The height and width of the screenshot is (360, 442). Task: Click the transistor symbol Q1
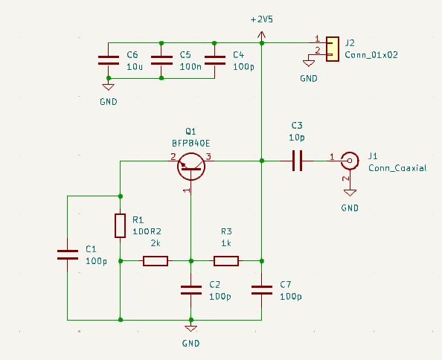(x=192, y=164)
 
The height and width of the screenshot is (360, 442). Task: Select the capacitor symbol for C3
(x=297, y=160)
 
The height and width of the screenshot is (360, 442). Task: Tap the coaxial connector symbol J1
(x=348, y=159)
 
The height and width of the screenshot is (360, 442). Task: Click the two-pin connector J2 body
(x=331, y=48)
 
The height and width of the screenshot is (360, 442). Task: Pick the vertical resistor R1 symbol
(x=120, y=225)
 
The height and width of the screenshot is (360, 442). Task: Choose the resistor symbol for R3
(x=226, y=260)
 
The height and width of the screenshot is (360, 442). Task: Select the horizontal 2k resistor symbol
(x=156, y=260)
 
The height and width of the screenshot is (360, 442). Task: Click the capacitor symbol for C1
(x=68, y=254)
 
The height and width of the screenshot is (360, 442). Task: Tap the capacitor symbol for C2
(x=191, y=289)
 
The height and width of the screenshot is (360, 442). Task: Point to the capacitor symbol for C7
(x=261, y=289)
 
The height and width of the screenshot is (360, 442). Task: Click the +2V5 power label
(x=261, y=19)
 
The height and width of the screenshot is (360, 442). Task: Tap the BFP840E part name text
(x=190, y=142)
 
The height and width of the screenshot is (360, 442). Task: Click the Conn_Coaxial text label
(x=397, y=168)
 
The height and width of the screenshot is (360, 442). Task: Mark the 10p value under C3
(x=296, y=138)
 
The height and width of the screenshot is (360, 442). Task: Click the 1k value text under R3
(x=226, y=243)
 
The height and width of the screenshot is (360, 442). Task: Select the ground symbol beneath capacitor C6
(x=109, y=88)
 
